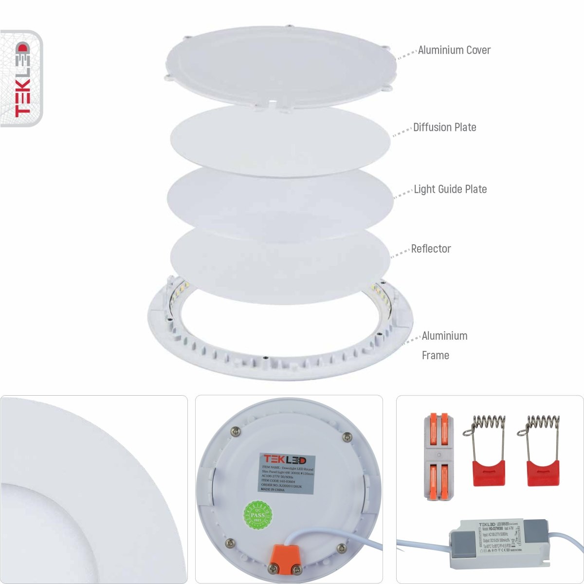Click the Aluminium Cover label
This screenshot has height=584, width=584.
[x=454, y=50]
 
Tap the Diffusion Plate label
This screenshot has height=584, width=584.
[x=444, y=128]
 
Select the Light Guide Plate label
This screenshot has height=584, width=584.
[x=450, y=189]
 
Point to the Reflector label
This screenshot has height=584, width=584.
[x=431, y=249]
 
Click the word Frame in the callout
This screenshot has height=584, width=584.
[x=435, y=355]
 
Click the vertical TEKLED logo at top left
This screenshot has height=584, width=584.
[x=22, y=79]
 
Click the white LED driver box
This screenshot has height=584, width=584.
[x=492, y=544]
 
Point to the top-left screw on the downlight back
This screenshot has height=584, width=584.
[x=236, y=430]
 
